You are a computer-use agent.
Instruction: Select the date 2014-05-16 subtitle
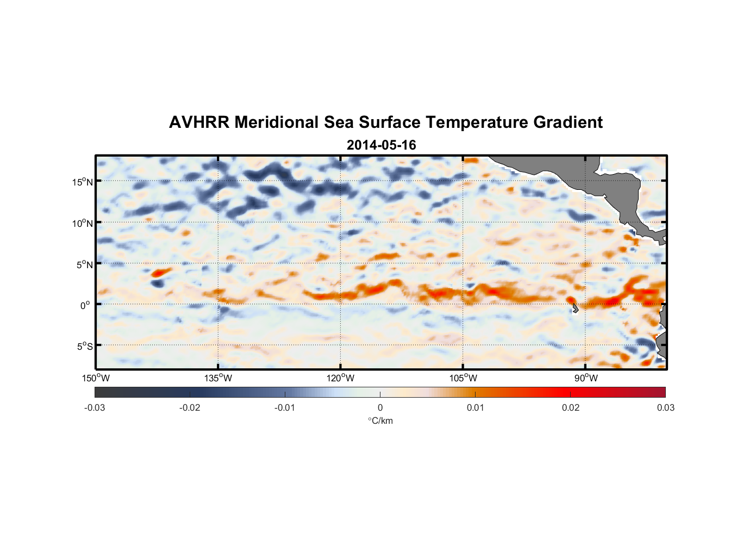tap(381, 145)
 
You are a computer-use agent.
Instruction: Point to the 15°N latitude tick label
tap(83, 182)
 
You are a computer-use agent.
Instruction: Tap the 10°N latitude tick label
tap(83, 223)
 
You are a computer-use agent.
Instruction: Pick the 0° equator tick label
tap(86, 306)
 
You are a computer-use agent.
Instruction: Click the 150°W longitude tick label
tap(96, 378)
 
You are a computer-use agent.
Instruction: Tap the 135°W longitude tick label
tap(218, 378)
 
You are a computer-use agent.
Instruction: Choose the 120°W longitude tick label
tap(341, 378)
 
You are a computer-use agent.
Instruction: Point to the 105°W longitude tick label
tap(463, 378)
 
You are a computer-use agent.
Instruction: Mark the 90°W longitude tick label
tap(586, 378)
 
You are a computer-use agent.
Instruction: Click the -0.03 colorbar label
tap(95, 407)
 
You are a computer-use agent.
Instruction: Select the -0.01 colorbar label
tap(285, 407)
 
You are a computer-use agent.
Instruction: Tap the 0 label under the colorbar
tap(380, 407)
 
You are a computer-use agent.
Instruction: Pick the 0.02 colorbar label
tap(571, 407)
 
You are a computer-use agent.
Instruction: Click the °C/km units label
tap(380, 421)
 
